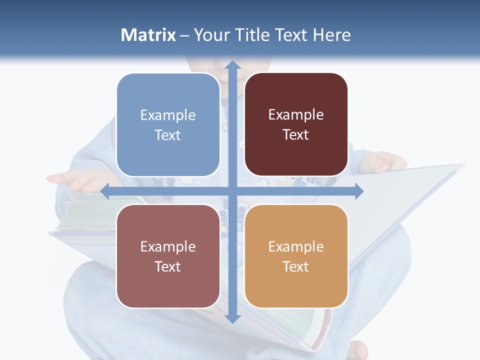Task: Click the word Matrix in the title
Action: (x=148, y=35)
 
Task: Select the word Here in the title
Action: (x=332, y=35)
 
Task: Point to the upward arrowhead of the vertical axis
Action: (x=232, y=65)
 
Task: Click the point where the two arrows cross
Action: (x=232, y=191)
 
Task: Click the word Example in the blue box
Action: (x=168, y=115)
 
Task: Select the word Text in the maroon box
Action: (x=296, y=135)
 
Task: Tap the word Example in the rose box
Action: (x=168, y=247)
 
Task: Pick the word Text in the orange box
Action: (x=296, y=266)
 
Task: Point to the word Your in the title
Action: (x=211, y=35)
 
